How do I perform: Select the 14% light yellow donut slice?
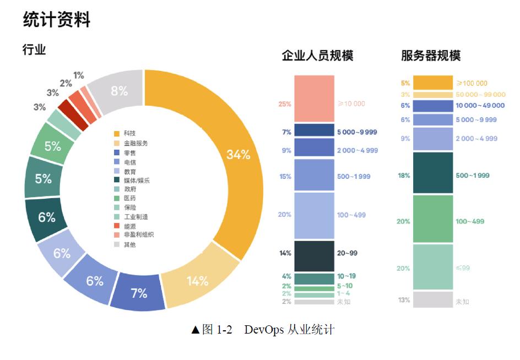[x=197, y=281]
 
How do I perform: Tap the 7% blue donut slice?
[x=139, y=293]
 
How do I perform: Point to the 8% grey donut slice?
[x=119, y=91]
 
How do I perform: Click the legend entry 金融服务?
[x=136, y=143]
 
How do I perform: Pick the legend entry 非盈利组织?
[x=138, y=235]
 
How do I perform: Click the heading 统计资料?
[x=57, y=20]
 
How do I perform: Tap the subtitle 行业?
[x=34, y=50]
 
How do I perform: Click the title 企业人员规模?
[x=317, y=56]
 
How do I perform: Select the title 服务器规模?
[x=431, y=56]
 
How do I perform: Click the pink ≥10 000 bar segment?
[x=314, y=99]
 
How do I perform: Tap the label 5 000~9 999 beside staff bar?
[x=357, y=132]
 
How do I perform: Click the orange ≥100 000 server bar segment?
[x=432, y=83]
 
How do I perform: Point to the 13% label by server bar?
[x=404, y=300]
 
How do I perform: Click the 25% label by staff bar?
[x=285, y=104]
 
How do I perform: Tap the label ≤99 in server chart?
[x=462, y=268]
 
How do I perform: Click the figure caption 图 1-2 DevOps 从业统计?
[x=263, y=330]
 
